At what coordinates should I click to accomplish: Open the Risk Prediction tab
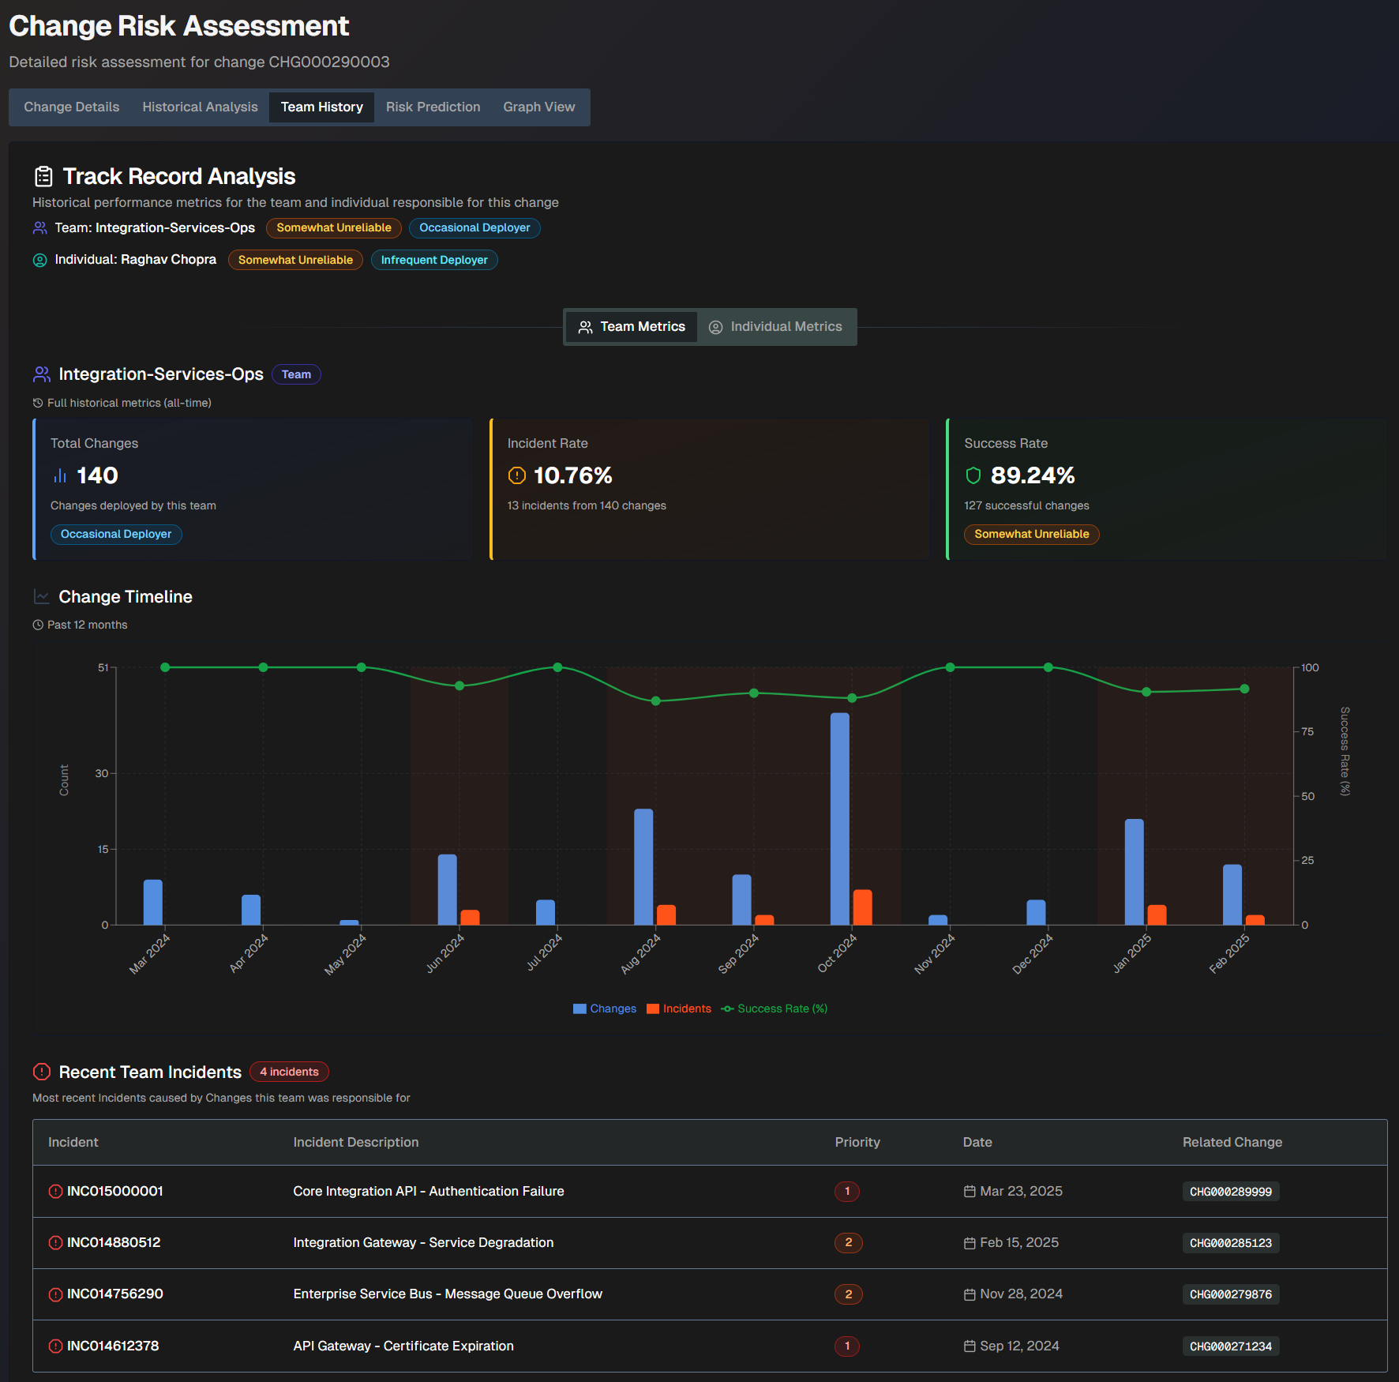pos(433,107)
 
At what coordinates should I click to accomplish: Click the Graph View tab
pos(538,107)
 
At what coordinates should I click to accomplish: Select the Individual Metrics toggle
pos(776,327)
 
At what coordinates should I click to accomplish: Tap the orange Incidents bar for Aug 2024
pos(666,915)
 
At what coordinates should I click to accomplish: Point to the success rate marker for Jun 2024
pos(459,685)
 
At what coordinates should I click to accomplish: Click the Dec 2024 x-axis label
pos(1032,954)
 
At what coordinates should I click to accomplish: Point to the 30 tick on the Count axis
pos(102,773)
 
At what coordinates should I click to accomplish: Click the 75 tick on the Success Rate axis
pos(1307,732)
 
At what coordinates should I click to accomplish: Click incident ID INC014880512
pos(114,1242)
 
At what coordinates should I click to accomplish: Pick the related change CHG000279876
pos(1230,1294)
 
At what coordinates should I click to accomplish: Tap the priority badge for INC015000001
pos(847,1191)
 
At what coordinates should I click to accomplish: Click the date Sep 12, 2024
pos(1019,1346)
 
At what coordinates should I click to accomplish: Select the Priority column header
pos(857,1142)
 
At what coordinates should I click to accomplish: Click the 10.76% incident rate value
pos(572,475)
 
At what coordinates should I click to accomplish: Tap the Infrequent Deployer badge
pos(434,260)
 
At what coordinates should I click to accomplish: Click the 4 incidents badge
pos(289,1072)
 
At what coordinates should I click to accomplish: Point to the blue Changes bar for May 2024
pos(349,922)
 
